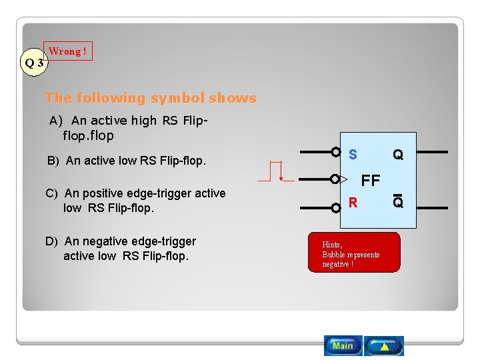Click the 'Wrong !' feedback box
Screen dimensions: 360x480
pos(68,51)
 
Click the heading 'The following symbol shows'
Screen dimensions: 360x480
pos(150,98)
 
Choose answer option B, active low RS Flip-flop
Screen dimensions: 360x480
pos(126,161)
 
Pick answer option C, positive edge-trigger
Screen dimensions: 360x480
pos(135,200)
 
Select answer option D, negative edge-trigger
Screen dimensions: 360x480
pos(121,249)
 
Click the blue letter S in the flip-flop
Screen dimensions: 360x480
pos(353,155)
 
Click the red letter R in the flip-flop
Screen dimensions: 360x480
pos(353,202)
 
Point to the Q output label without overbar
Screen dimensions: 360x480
pos(397,155)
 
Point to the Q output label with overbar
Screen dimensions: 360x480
pos(397,201)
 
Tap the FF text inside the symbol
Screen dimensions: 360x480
pos(370,180)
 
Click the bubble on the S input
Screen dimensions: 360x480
pos(336,152)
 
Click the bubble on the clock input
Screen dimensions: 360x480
pos(335,179)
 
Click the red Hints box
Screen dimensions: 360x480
pos(354,252)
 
